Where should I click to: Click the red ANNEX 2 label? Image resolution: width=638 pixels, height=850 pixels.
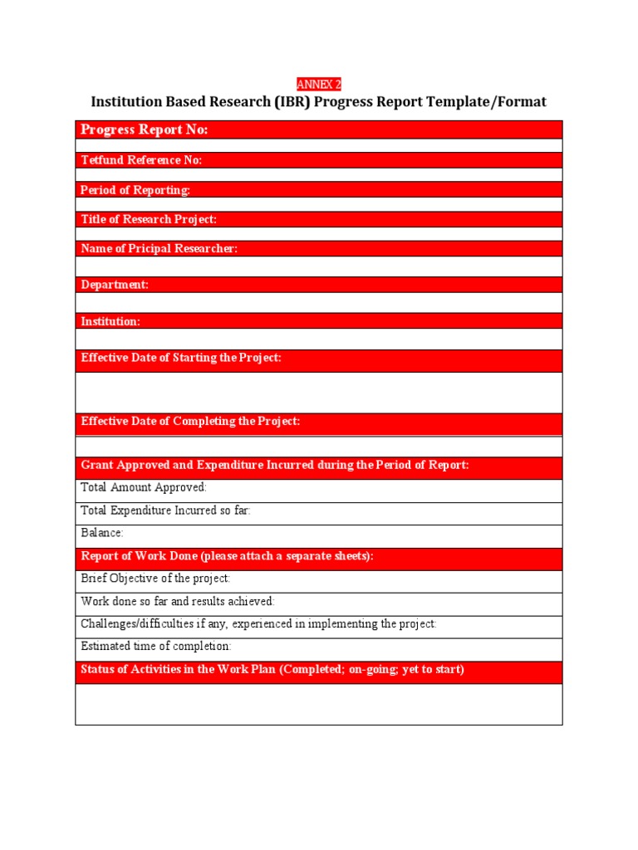319,85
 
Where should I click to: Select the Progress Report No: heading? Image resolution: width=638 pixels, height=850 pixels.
144,129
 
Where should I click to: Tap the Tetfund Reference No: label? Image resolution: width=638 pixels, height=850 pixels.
141,160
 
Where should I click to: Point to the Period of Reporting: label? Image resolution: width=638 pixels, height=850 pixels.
135,190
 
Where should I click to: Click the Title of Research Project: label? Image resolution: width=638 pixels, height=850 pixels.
149,219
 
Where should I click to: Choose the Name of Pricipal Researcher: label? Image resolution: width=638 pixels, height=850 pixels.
159,249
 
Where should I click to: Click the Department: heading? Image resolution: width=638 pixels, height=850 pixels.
115,285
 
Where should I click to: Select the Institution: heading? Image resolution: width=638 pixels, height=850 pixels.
110,321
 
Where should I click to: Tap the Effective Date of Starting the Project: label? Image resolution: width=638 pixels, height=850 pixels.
181,358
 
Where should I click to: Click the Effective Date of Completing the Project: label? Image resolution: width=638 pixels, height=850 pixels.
190,422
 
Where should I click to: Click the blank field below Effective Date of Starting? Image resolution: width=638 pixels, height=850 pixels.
318,392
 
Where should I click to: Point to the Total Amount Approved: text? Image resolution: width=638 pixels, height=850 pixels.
144,488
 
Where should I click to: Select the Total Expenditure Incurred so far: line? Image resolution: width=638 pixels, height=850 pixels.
165,510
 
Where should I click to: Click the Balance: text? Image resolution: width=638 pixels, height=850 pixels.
102,533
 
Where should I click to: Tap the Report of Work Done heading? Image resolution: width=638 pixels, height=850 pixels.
227,556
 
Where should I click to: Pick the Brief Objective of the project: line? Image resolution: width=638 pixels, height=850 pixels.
155,579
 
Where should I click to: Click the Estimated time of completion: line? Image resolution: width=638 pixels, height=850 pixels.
156,646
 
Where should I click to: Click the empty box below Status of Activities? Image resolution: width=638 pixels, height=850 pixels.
318,704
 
